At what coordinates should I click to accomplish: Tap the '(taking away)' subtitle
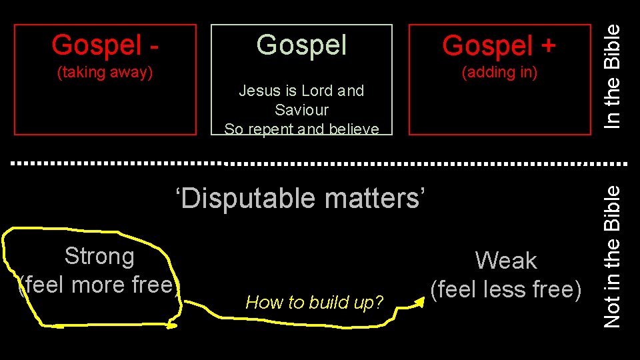click(x=105, y=72)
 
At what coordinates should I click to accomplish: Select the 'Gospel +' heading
click(x=499, y=45)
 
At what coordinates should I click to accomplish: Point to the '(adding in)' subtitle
click(x=499, y=72)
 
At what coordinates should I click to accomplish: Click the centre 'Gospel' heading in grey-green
click(x=301, y=45)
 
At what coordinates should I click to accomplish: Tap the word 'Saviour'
click(x=301, y=109)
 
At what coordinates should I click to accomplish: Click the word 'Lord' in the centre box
click(x=320, y=91)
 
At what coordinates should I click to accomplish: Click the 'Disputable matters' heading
click(x=300, y=198)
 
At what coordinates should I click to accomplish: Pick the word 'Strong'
click(x=99, y=256)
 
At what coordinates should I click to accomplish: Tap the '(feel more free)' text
click(x=99, y=285)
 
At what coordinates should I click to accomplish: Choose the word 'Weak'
click(x=506, y=260)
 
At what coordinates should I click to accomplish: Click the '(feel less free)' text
click(x=506, y=289)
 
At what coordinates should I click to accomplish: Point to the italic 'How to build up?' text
click(x=315, y=303)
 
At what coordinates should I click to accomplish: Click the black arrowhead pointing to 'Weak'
click(x=419, y=303)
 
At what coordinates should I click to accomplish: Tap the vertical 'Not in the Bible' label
click(x=612, y=256)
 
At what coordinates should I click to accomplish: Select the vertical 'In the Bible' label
click(x=612, y=75)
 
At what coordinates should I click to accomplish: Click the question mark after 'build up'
click(x=379, y=303)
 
